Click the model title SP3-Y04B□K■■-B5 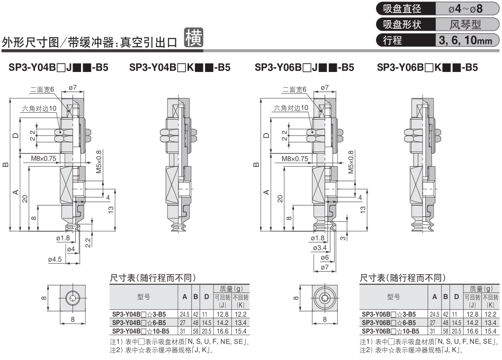click(180, 68)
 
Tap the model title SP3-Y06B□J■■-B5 click(304, 68)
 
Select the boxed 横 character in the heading click(194, 38)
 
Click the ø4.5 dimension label click(55, 259)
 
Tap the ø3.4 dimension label click(320, 248)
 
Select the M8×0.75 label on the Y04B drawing click(43, 158)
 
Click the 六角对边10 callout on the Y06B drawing click(291, 108)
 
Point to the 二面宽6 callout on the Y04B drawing click(42, 89)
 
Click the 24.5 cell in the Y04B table click(185, 314)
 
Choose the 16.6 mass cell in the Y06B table click(472, 331)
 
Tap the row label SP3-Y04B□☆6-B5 click(139, 322)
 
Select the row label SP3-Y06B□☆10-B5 click(390, 331)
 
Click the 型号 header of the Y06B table click(393, 296)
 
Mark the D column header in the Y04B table click(207, 296)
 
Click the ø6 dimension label click(325, 257)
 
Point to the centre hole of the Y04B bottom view click(73, 299)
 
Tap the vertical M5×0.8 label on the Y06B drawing click(351, 162)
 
